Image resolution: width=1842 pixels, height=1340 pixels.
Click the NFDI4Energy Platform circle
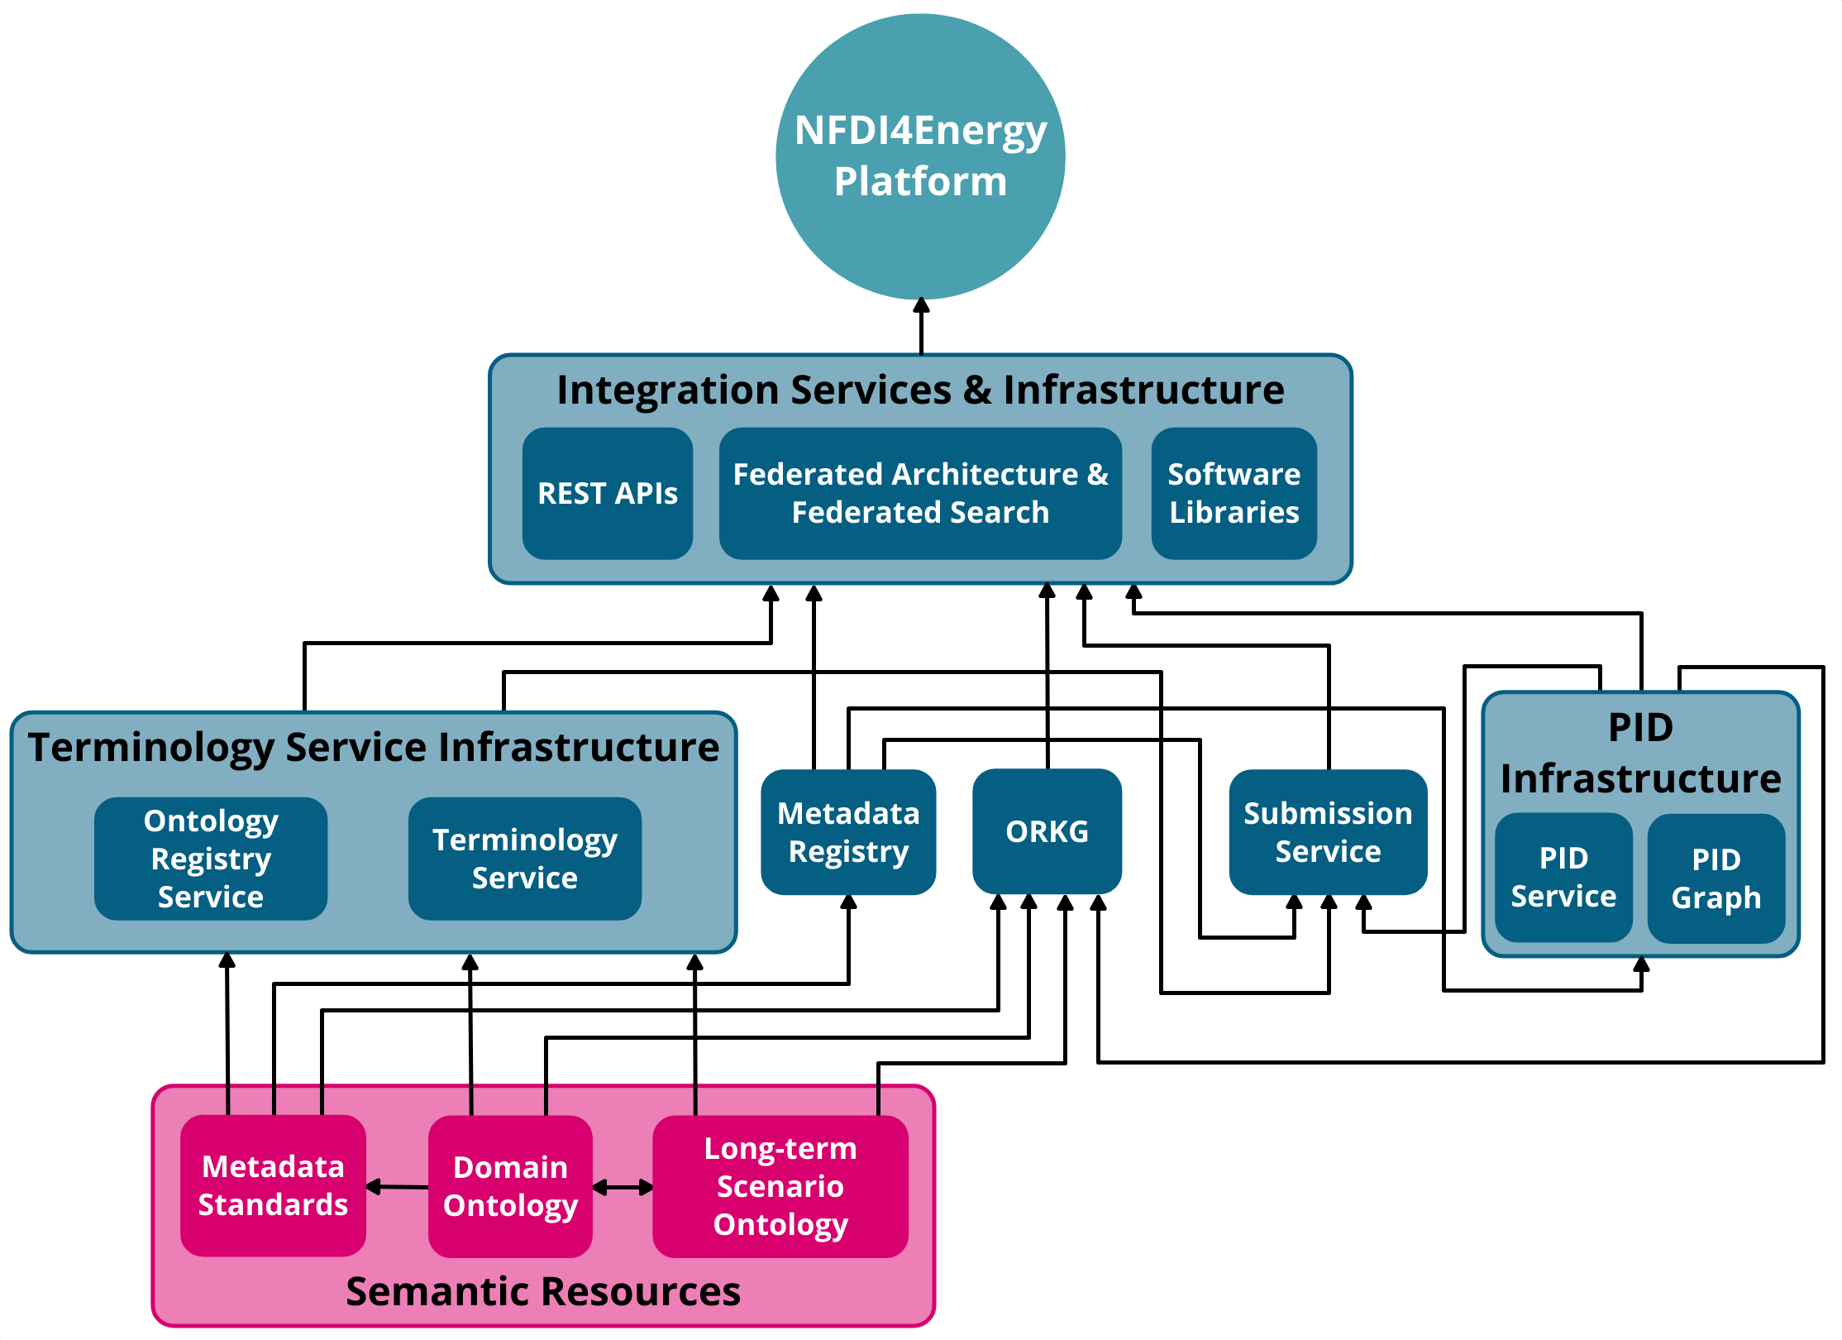click(x=920, y=156)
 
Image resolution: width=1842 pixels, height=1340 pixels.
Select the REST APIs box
click(x=608, y=493)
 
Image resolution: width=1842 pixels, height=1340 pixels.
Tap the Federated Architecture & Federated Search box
click(x=920, y=493)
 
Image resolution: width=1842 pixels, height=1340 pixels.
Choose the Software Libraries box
click(x=1234, y=493)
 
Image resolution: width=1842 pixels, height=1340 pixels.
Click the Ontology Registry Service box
click(x=211, y=859)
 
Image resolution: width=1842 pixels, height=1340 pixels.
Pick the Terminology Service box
click(x=524, y=859)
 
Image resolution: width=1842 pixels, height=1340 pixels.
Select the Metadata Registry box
click(x=848, y=832)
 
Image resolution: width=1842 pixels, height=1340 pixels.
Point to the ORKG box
click(x=1047, y=831)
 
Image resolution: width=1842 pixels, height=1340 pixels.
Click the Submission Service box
click(x=1328, y=832)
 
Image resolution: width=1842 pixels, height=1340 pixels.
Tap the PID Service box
click(x=1563, y=877)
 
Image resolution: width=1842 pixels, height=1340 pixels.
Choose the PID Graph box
click(x=1716, y=878)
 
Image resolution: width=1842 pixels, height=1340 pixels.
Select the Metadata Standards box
click(x=273, y=1185)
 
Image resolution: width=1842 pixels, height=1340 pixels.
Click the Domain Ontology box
click(x=510, y=1186)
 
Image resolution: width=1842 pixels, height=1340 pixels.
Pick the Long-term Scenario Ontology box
click(x=780, y=1186)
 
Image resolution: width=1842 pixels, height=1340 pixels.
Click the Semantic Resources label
click(x=543, y=1291)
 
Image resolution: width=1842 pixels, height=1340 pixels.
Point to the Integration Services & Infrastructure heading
click(x=920, y=390)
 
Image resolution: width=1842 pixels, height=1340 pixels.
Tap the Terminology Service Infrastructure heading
click(x=374, y=747)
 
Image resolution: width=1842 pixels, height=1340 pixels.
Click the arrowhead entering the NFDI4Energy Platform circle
click(x=921, y=306)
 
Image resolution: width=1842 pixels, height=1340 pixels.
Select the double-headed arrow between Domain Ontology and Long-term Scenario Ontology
click(x=623, y=1188)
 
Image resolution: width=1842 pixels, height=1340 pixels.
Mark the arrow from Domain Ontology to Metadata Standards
click(x=397, y=1187)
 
